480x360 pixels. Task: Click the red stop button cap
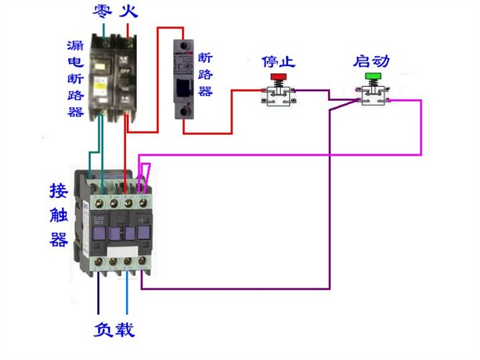click(277, 76)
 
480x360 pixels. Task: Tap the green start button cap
click(373, 75)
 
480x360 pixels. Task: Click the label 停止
click(278, 61)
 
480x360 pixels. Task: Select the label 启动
click(371, 61)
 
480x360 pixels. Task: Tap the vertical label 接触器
click(59, 214)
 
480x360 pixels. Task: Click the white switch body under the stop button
click(277, 98)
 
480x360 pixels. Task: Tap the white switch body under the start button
click(373, 98)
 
